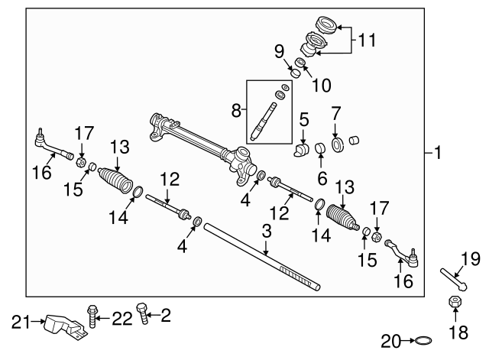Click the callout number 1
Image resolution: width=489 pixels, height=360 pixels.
(x=438, y=153)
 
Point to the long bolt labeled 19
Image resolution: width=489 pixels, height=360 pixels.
(x=452, y=276)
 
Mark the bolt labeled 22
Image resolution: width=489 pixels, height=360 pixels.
(x=92, y=315)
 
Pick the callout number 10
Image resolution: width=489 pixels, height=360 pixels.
(x=321, y=84)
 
